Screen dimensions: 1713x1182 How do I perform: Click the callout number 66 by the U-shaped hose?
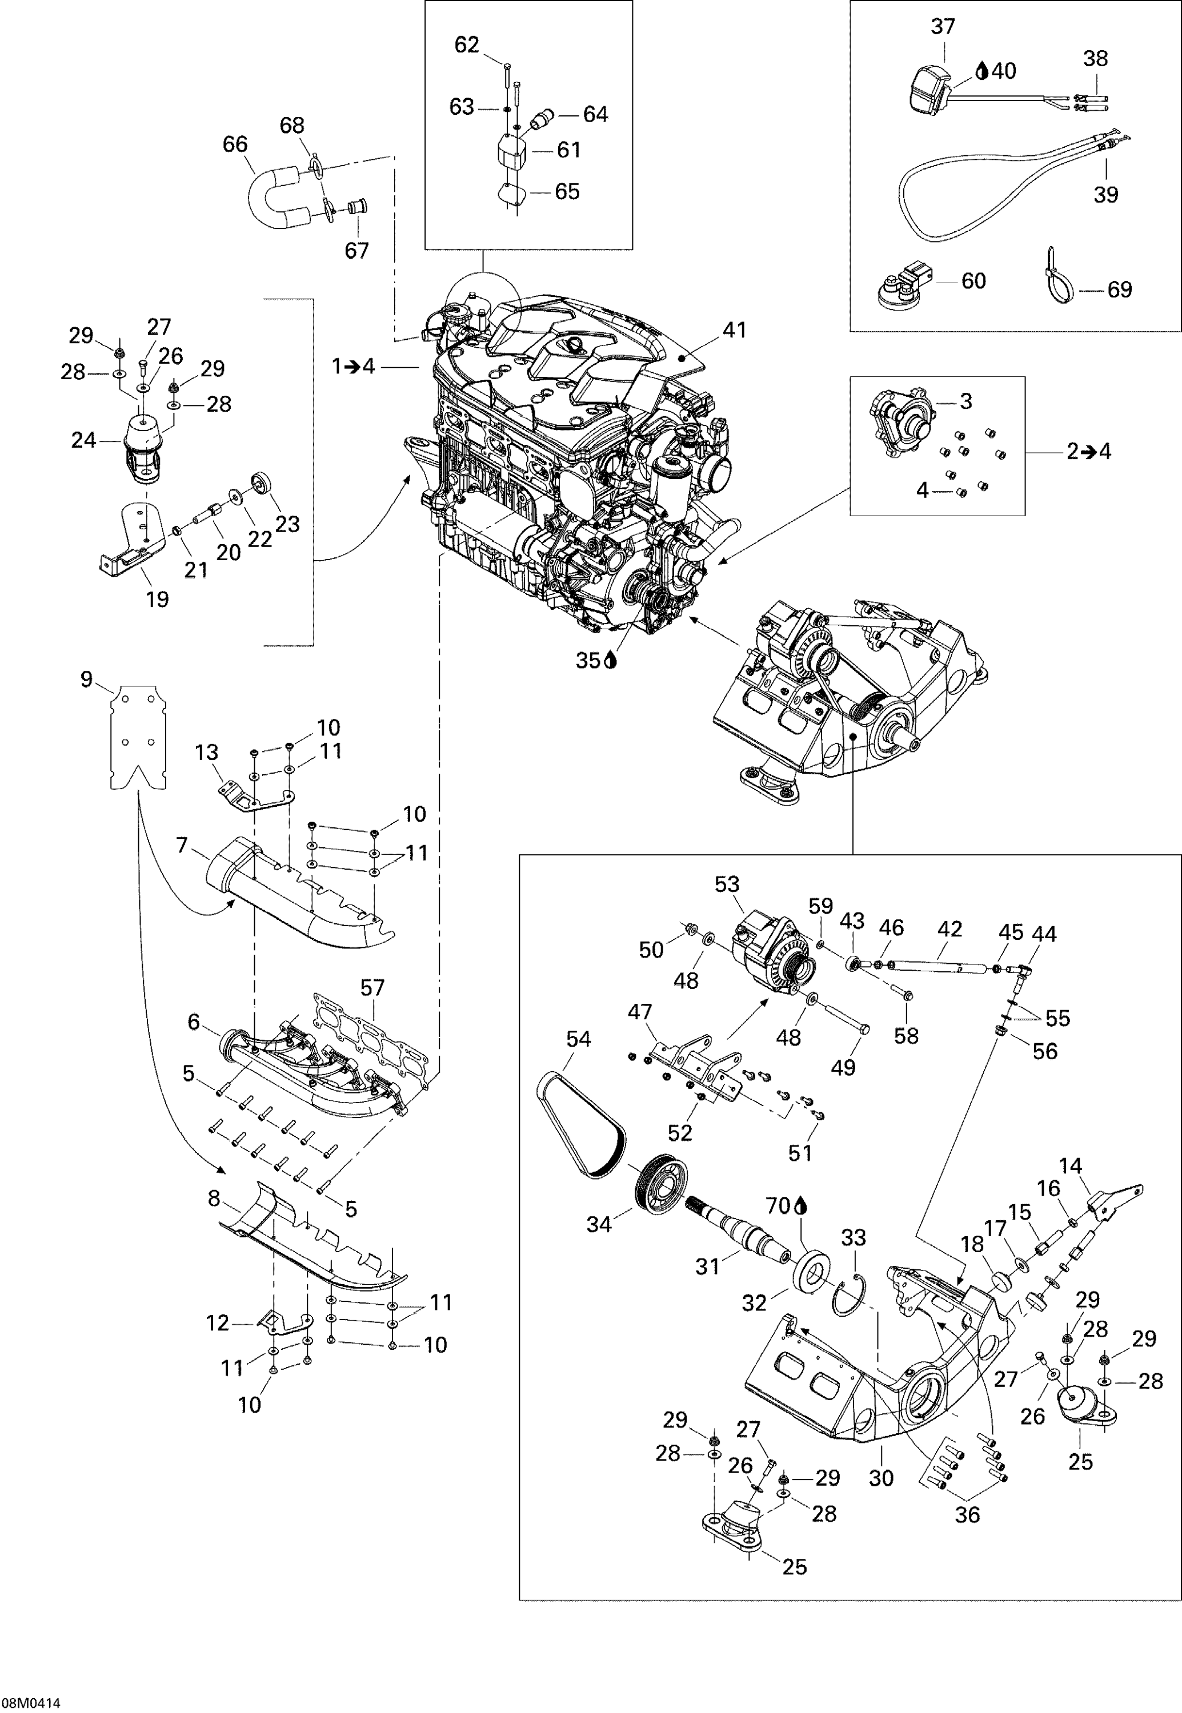[x=235, y=144]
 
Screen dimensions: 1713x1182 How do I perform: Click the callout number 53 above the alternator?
[x=727, y=884]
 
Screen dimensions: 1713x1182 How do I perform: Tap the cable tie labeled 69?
[x=1057, y=277]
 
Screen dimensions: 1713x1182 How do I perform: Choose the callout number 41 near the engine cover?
[x=734, y=329]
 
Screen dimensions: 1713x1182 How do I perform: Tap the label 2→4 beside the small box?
[x=1089, y=451]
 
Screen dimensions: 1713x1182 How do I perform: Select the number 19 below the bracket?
[x=157, y=599]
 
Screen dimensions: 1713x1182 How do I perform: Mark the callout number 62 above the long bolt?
[x=467, y=45]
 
